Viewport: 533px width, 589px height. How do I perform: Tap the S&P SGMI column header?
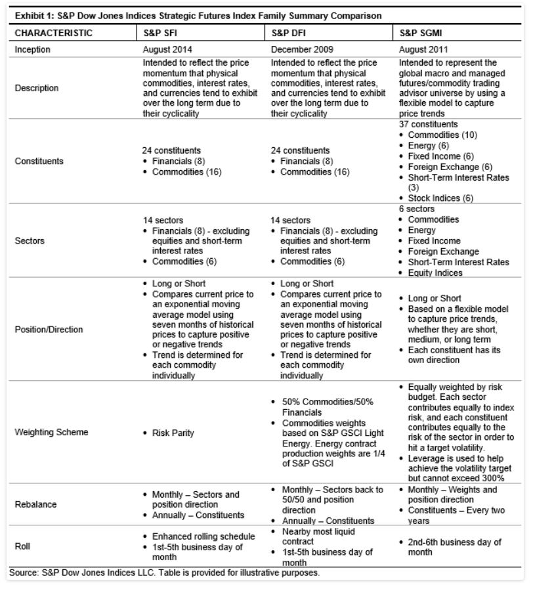point(421,33)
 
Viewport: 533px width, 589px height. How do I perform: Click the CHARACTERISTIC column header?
point(53,33)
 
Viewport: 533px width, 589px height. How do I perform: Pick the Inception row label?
point(32,49)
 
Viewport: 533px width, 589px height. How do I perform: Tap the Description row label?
point(37,88)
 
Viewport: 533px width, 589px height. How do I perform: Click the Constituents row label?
point(40,161)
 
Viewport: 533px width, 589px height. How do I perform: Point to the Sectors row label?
point(30,240)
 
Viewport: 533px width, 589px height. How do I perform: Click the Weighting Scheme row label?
point(51,433)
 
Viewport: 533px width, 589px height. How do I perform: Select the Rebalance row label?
point(35,504)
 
